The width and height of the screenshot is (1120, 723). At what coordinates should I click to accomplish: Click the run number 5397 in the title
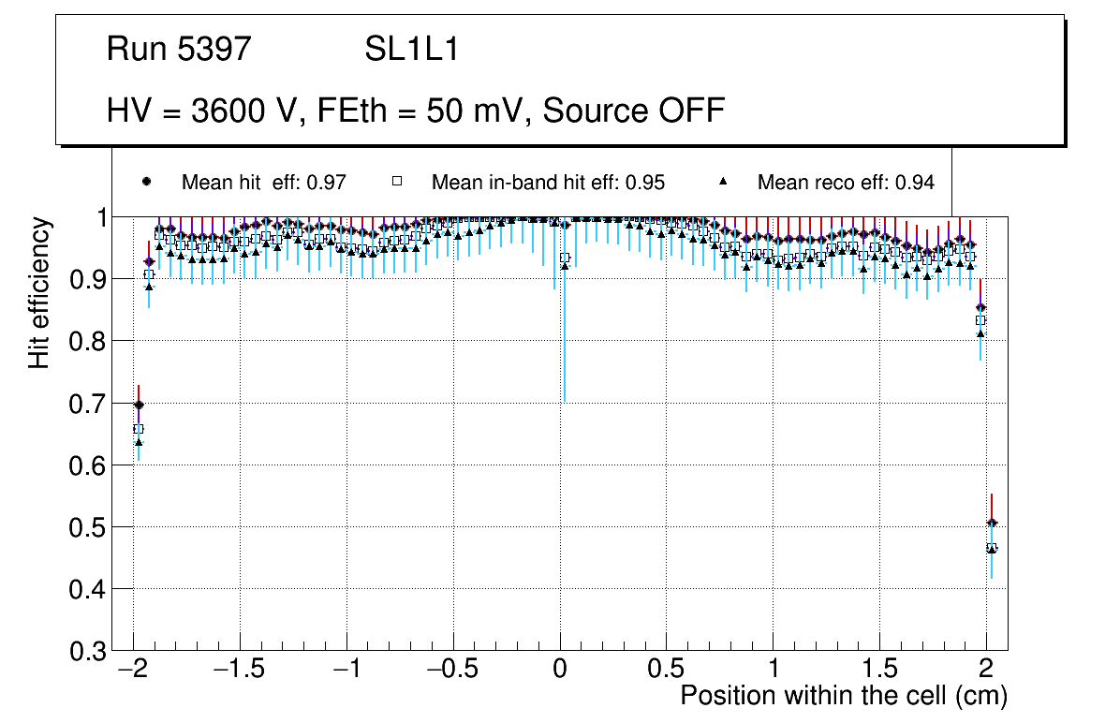pos(215,50)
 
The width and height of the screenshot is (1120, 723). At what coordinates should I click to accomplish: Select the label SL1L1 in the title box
pos(412,50)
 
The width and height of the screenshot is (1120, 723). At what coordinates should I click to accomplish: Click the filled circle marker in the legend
pos(146,182)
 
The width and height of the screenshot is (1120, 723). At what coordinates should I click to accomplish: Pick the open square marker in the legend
pos(396,182)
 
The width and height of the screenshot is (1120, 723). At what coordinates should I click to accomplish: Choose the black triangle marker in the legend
pos(723,182)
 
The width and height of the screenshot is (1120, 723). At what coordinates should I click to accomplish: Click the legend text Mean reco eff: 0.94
pos(846,183)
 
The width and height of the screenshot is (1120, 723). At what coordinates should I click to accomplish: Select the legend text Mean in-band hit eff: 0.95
pos(548,183)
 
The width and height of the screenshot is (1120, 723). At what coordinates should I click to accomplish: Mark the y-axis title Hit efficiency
pos(39,292)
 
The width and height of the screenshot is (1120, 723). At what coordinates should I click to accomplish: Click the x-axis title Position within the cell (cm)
pos(843,696)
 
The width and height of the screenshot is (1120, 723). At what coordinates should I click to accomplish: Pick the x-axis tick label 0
pos(560,671)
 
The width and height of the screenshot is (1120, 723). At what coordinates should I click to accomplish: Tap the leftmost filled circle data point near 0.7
pos(139,406)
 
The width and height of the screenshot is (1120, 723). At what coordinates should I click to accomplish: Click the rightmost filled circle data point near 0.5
pos(992,524)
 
